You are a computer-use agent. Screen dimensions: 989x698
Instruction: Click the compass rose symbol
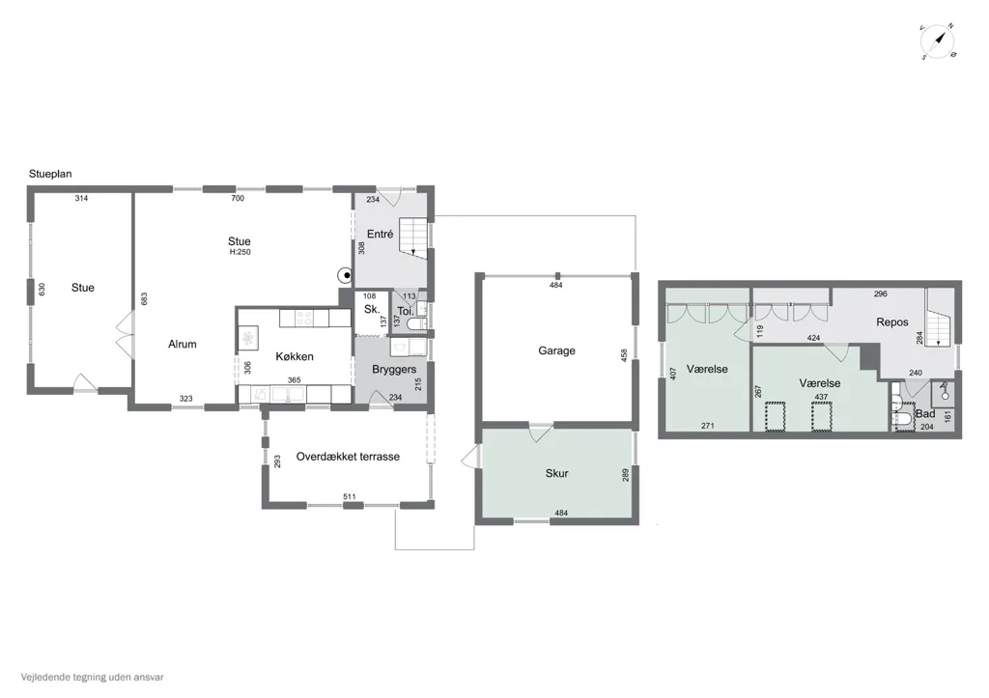[937, 42]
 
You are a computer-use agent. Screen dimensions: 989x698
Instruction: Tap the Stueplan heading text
[50, 174]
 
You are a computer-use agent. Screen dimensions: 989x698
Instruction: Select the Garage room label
[556, 350]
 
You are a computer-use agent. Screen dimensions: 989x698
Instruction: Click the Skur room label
[557, 473]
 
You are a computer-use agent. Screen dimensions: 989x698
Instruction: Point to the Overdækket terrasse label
[348, 457]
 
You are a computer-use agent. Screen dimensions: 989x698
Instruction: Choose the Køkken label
[295, 356]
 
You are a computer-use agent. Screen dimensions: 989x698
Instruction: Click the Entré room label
[380, 234]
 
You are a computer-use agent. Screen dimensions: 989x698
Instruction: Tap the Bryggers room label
[394, 370]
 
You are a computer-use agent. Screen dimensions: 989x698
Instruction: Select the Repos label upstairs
[891, 322]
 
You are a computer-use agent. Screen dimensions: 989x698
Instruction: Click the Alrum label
[183, 345]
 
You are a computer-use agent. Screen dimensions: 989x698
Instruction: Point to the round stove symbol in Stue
[346, 275]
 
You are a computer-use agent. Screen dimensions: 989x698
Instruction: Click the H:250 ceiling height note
[240, 252]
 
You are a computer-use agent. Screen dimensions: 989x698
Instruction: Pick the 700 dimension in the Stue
[238, 198]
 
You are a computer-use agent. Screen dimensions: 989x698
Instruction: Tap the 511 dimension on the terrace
[350, 497]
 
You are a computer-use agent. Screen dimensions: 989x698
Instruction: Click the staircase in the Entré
[413, 236]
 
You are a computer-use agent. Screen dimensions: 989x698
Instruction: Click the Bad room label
[925, 413]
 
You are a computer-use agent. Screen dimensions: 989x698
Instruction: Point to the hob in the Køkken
[304, 318]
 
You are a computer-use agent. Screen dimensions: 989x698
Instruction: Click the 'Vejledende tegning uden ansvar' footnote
[92, 677]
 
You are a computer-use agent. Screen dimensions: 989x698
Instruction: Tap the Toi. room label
[405, 312]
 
